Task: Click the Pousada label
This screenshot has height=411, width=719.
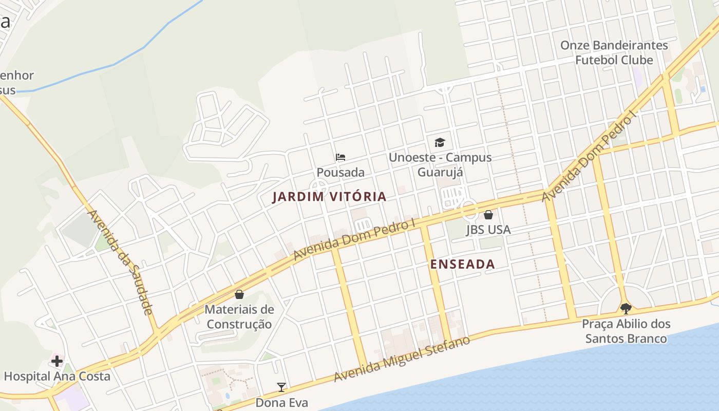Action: (x=340, y=173)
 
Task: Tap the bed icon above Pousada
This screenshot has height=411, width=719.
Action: (x=340, y=157)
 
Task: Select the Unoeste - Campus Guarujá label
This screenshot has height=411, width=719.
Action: (x=440, y=164)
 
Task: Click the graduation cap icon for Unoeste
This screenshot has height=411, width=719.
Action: (x=440, y=142)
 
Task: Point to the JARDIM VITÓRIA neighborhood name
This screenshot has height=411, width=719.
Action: (x=329, y=197)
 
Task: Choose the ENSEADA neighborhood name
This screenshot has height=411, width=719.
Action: (x=462, y=264)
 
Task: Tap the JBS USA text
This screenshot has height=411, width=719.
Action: (x=488, y=230)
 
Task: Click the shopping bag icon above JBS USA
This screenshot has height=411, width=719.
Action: (x=488, y=214)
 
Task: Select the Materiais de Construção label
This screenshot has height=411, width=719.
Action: (x=239, y=317)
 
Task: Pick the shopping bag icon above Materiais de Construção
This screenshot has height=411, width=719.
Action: (x=239, y=294)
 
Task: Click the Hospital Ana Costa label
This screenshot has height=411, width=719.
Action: (x=57, y=377)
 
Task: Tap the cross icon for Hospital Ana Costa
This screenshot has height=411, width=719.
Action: (x=56, y=361)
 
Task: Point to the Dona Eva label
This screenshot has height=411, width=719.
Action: (x=281, y=403)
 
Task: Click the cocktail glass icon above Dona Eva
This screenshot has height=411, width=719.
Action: (x=281, y=387)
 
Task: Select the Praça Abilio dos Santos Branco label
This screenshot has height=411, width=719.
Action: (x=626, y=331)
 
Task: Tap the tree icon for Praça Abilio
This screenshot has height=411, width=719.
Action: (x=626, y=308)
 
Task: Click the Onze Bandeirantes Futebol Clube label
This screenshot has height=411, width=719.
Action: (x=614, y=52)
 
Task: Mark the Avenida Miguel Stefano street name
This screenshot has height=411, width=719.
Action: (x=402, y=359)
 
